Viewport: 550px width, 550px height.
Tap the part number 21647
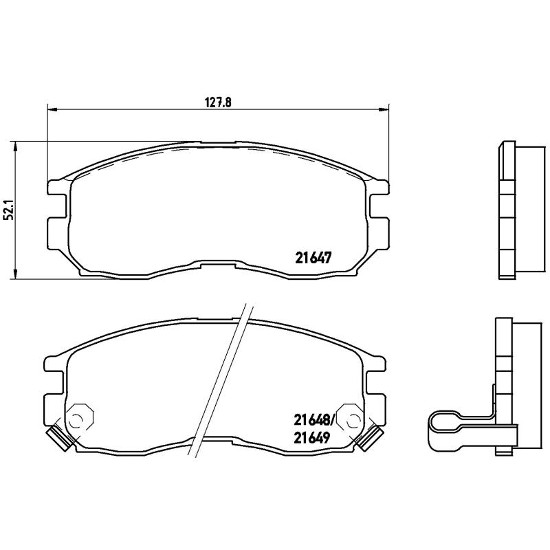[x=313, y=258]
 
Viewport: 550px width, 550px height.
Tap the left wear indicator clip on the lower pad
[x=58, y=438]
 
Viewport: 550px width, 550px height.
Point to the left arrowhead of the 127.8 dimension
[x=52, y=109]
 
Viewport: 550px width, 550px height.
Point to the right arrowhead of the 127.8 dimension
[x=384, y=109]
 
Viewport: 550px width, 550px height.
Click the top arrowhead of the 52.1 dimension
[x=16, y=144]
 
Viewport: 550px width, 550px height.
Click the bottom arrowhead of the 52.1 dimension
[x=16, y=276]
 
